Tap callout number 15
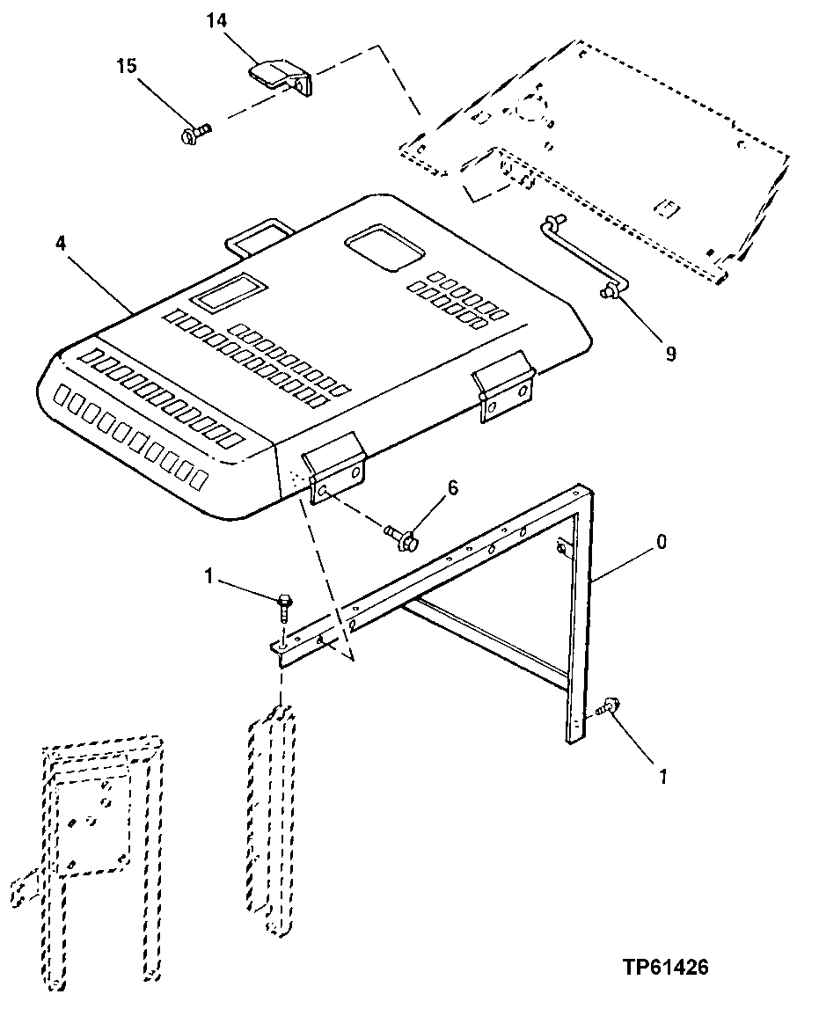coord(128,65)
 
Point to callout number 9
coord(670,354)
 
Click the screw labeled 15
coord(194,134)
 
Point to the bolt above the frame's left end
coord(284,605)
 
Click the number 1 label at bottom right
coord(662,776)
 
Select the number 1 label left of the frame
coord(208,576)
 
